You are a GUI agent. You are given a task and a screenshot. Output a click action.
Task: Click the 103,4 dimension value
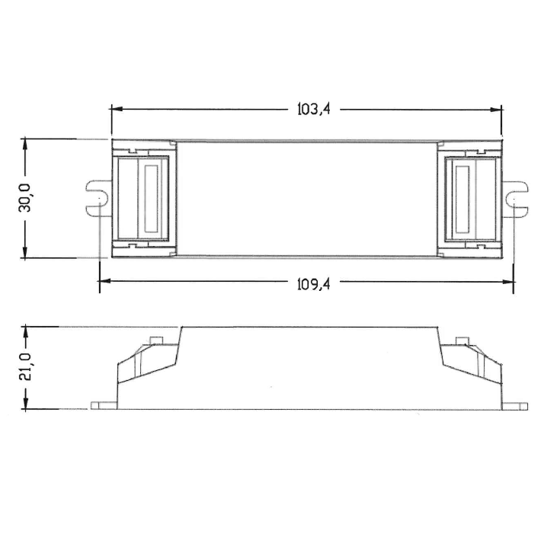(x=312, y=109)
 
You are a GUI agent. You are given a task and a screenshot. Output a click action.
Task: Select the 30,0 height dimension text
(x=25, y=198)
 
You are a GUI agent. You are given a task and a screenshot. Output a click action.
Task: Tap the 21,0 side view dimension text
(x=25, y=367)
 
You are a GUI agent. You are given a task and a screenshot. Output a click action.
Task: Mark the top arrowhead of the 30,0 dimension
(x=25, y=143)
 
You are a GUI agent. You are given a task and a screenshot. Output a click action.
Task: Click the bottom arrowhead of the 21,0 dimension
(x=25, y=405)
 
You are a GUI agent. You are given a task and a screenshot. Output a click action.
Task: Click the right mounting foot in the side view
(x=514, y=405)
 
